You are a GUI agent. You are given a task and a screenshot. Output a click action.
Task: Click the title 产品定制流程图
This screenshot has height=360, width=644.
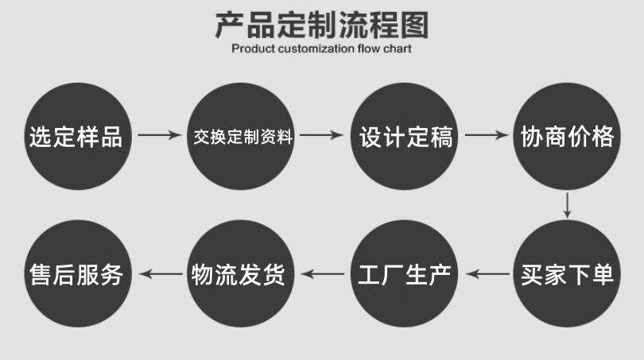click(321, 25)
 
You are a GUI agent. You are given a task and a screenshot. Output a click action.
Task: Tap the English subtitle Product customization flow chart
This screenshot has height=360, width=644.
click(321, 48)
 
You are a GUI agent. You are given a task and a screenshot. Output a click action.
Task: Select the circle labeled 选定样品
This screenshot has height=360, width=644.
click(76, 136)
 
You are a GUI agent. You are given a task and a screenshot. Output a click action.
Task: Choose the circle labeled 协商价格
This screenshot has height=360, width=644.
click(567, 136)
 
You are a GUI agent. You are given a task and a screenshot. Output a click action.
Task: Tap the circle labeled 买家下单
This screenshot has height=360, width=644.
click(567, 274)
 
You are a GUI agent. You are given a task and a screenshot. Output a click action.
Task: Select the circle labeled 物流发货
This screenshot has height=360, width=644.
click(239, 274)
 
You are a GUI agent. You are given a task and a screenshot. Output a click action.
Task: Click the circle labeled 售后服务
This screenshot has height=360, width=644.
click(76, 274)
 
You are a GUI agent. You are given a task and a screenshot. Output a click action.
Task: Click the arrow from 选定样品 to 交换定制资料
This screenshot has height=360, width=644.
click(159, 136)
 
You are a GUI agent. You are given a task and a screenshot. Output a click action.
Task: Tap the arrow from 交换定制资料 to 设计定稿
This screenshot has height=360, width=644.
click(322, 136)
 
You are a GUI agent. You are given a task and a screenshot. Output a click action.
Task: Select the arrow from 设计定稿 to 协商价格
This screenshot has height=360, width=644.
click(486, 136)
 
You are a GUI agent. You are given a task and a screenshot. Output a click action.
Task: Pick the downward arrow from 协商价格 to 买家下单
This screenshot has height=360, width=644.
click(567, 204)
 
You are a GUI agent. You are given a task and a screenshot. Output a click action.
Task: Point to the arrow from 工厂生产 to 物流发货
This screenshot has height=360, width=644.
click(322, 274)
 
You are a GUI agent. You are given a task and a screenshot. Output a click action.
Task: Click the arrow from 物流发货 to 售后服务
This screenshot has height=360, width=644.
click(159, 274)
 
